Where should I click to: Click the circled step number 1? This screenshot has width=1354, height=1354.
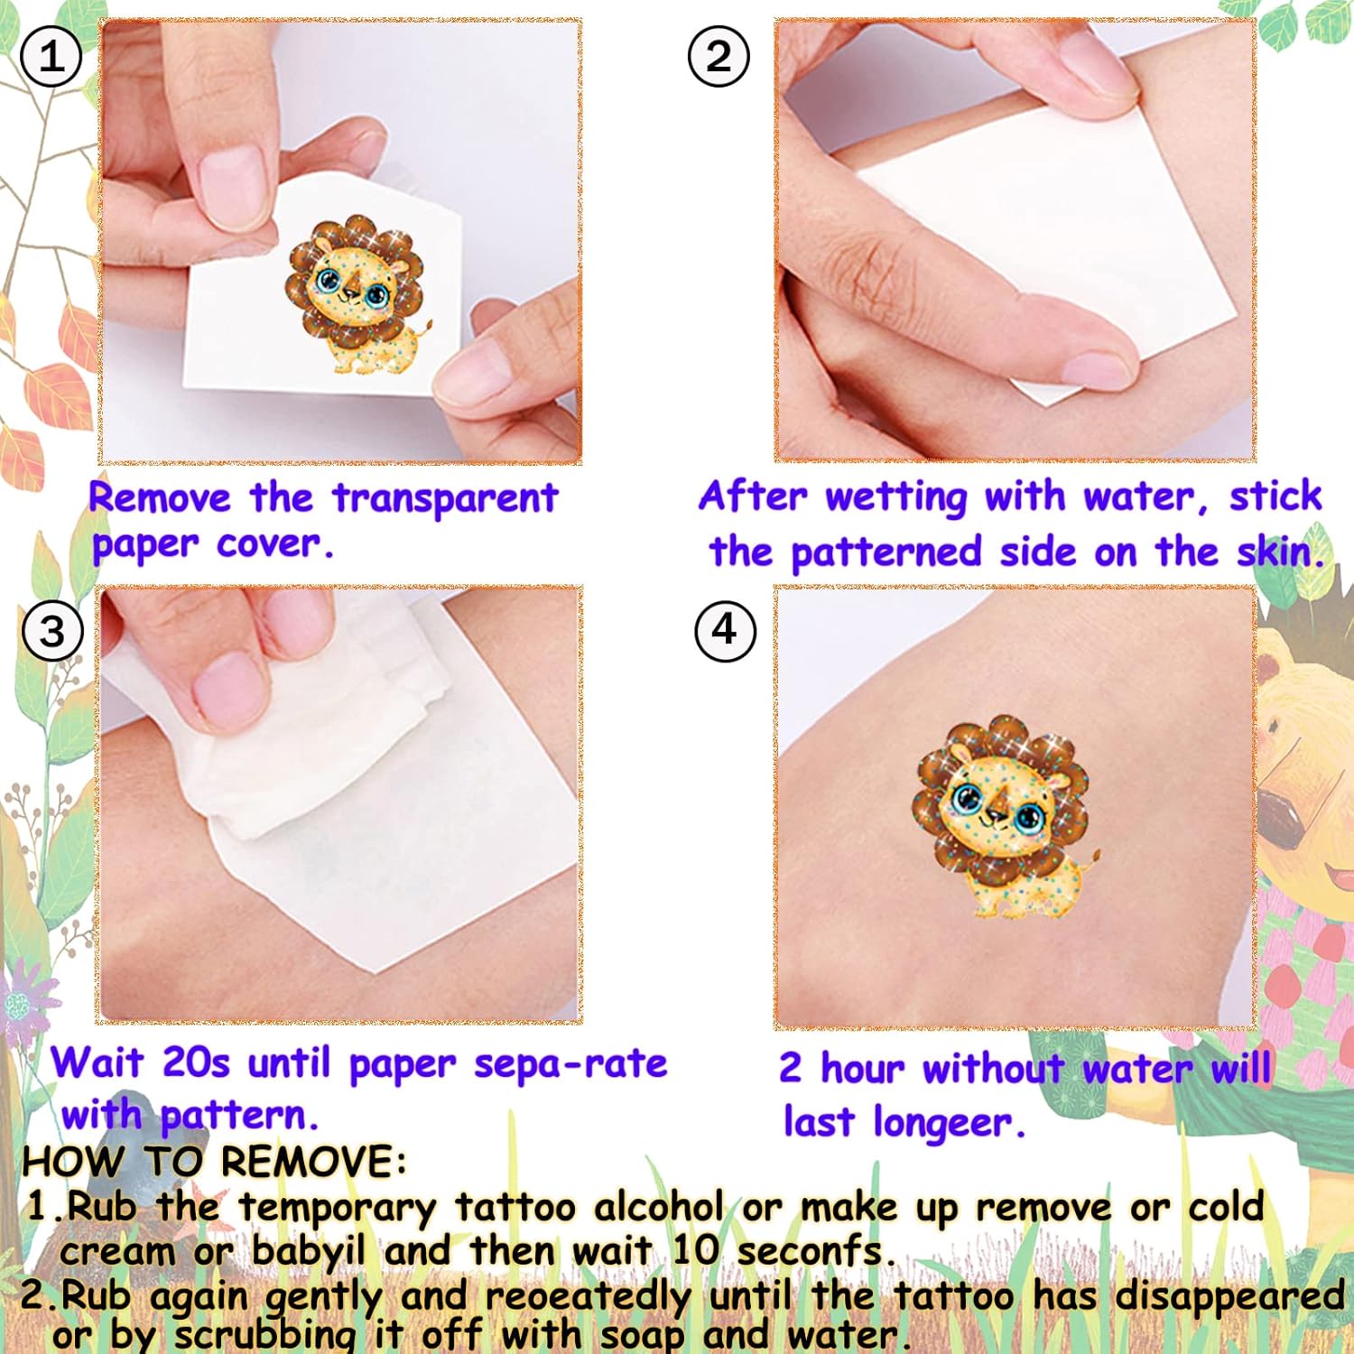51,57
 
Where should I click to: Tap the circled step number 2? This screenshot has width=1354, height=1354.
719,57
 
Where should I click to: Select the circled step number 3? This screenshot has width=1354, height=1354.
52,630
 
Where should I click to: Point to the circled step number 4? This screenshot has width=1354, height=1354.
725,630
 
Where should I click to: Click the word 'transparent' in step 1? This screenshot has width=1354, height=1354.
445,499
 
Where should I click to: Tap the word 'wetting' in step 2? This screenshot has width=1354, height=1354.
895,497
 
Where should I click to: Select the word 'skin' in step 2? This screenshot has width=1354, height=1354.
1277,552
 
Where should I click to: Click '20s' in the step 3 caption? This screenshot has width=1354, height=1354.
195,1062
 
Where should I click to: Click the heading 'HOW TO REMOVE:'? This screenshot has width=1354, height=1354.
215,1161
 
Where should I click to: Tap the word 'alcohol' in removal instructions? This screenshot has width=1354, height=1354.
659,1207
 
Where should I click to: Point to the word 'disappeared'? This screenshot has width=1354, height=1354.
1230,1297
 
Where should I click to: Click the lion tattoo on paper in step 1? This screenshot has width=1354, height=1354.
355,294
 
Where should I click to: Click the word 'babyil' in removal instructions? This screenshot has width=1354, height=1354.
308,1252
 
